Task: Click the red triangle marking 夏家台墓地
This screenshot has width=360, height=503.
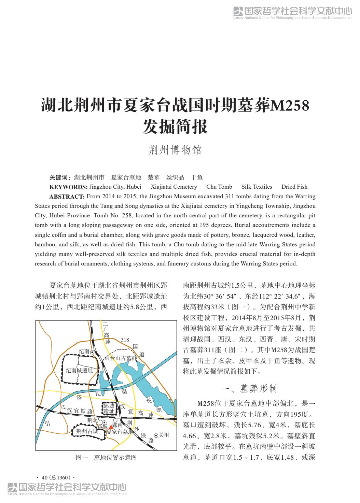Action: pos(111,427)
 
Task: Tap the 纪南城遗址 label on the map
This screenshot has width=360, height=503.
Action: pos(79,370)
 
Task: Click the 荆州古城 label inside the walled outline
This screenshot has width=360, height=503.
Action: pos(87,431)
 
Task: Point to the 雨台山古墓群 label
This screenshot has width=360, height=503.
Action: pos(121,358)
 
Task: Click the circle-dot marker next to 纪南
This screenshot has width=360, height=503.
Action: pos(92,351)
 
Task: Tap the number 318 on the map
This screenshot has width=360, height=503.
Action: pos(125,340)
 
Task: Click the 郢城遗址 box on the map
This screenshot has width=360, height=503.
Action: pos(109,408)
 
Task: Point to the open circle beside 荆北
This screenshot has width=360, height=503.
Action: pos(100,419)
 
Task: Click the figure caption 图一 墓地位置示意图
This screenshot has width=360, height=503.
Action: pos(106,458)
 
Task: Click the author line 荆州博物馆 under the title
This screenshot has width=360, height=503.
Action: pos(175,150)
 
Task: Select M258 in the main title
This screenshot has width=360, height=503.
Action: pos(290,106)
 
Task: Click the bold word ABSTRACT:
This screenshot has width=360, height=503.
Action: pos(67,196)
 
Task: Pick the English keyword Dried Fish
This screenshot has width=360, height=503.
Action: pos(294,187)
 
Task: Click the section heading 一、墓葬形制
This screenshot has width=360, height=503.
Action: pos(249,388)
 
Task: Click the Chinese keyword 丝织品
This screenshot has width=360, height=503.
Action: pos(175,177)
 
